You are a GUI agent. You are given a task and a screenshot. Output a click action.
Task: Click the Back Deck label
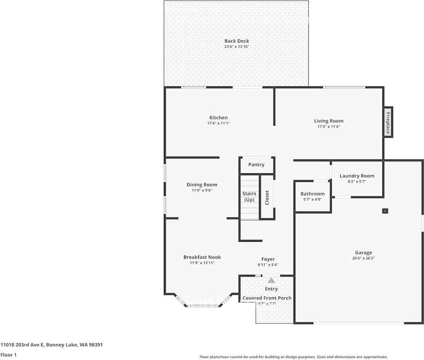(x=237, y=41)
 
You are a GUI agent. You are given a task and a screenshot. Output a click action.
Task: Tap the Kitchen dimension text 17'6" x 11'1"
(x=218, y=123)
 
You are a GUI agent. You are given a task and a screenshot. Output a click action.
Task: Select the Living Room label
(x=329, y=121)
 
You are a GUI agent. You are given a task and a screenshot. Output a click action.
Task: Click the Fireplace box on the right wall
(x=388, y=122)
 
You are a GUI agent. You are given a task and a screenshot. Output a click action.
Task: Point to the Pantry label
(x=257, y=164)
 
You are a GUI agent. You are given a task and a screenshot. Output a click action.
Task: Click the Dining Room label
(x=202, y=185)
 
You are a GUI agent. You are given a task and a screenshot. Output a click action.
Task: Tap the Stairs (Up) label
(x=249, y=197)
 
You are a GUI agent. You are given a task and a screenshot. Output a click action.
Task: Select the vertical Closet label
(x=267, y=197)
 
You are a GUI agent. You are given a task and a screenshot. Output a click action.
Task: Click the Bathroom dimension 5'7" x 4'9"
(x=312, y=200)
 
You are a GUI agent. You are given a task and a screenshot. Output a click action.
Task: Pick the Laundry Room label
(x=357, y=176)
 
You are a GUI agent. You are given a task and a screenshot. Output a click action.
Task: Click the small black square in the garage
(x=385, y=211)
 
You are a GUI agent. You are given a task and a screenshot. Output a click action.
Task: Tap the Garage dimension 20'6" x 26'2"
(x=363, y=258)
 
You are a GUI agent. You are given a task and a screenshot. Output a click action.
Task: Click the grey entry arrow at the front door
(x=271, y=280)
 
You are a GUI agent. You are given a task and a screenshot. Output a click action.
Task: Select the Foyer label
(x=268, y=259)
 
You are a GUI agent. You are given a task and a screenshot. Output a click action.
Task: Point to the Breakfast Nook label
(x=202, y=257)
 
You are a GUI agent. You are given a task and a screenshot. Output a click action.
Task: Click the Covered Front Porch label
(x=267, y=298)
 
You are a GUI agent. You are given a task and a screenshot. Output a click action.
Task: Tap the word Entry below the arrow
(x=271, y=289)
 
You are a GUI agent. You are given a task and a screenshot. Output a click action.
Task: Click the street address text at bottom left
(x=52, y=345)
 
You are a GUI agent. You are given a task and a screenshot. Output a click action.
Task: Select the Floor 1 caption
(x=8, y=355)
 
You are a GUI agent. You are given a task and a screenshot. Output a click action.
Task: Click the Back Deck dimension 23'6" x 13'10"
(x=237, y=47)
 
